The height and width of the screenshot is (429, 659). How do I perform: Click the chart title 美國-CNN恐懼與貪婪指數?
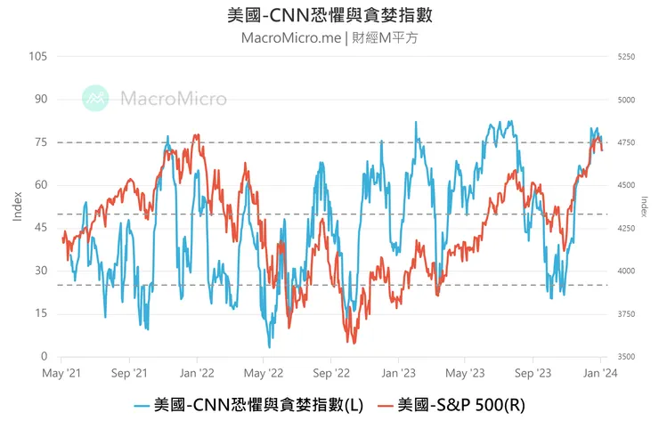[x=329, y=16]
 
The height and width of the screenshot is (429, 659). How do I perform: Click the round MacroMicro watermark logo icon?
[x=95, y=98]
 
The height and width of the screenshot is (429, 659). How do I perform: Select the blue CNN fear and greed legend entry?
[x=248, y=405]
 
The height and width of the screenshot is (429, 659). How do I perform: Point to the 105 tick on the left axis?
[x=37, y=56]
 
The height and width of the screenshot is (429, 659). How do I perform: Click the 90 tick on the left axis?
[x=40, y=100]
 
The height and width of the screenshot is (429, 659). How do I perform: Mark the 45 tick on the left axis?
[x=40, y=228]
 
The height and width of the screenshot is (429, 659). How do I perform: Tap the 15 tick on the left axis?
[x=40, y=313]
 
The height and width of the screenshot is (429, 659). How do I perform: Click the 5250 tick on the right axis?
[x=625, y=56]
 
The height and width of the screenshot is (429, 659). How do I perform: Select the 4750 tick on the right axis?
[x=625, y=142]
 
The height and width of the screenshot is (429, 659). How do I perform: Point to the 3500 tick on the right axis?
[x=625, y=356]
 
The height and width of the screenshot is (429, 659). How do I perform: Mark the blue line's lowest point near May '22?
[x=270, y=346]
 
